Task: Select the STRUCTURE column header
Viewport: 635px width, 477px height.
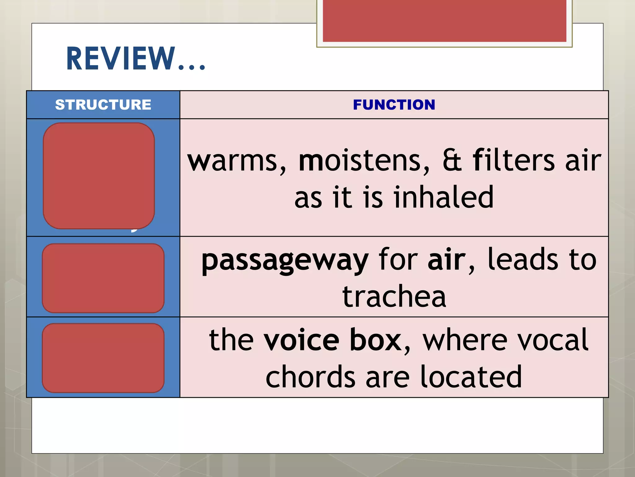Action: tap(103, 105)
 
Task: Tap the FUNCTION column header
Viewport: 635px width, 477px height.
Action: tap(394, 105)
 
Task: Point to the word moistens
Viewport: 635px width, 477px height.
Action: tap(364, 161)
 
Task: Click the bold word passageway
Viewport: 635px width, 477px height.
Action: tap(285, 261)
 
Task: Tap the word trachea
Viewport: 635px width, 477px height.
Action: tap(394, 297)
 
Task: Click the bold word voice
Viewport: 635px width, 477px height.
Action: tap(301, 340)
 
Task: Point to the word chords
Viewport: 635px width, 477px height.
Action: tap(310, 377)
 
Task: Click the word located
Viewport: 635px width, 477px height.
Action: tap(471, 377)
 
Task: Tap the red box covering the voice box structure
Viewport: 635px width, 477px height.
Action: tap(103, 358)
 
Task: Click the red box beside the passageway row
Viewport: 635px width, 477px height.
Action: tap(103, 278)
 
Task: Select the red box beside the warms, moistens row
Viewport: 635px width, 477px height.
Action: tap(99, 176)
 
